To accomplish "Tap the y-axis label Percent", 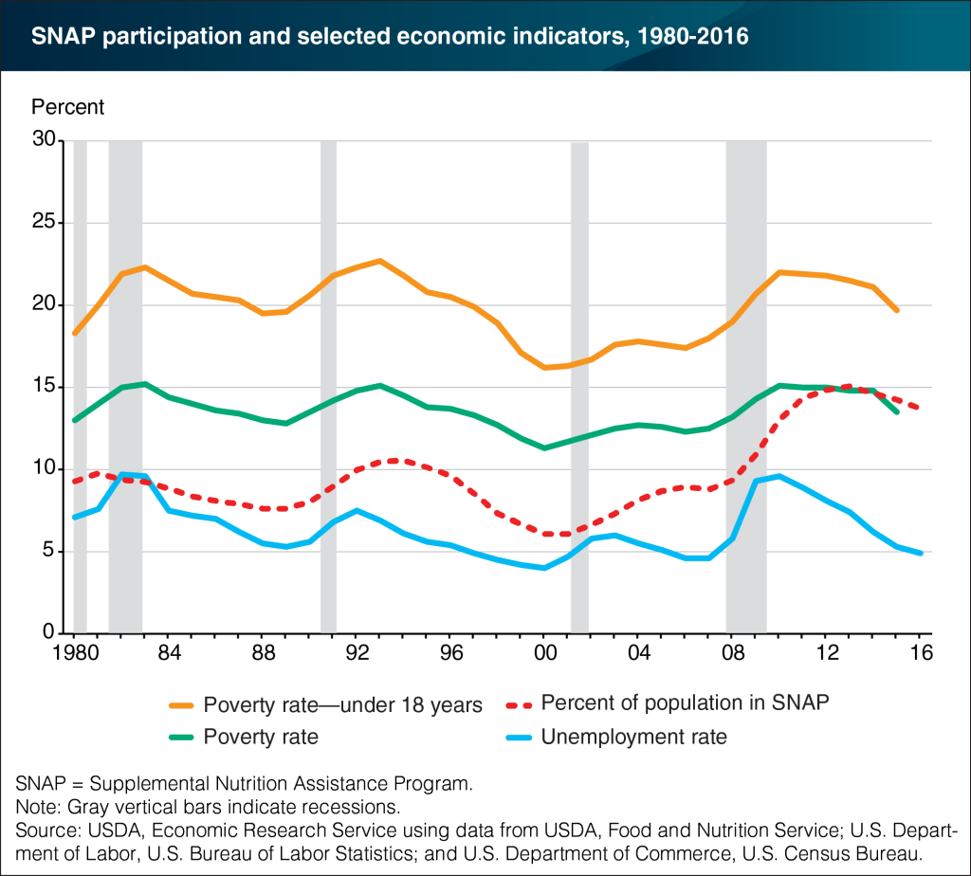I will coord(68,106).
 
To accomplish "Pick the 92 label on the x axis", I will coord(357,654).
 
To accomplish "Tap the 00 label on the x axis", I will coord(544,654).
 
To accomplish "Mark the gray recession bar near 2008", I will coord(746,379).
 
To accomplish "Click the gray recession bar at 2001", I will coord(579,379).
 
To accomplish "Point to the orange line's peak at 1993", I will coord(379,260).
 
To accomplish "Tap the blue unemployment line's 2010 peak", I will coord(779,476).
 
